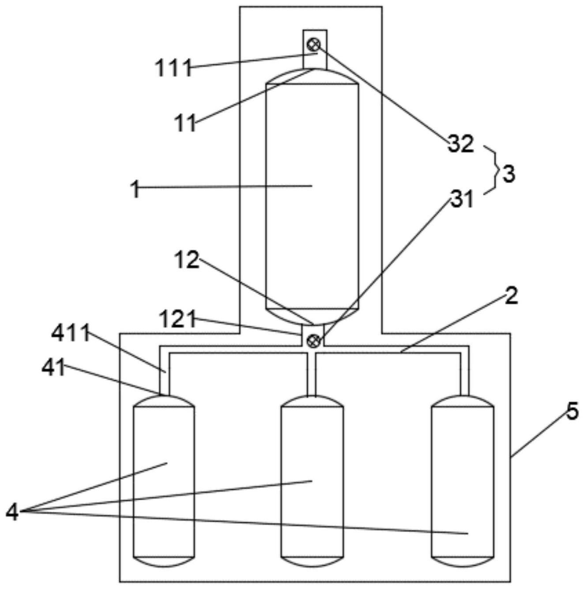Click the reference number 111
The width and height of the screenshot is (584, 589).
click(x=173, y=68)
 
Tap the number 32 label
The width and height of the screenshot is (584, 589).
click(x=461, y=144)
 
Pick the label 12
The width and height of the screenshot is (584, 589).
click(x=187, y=260)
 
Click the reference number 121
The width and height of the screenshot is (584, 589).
click(x=177, y=319)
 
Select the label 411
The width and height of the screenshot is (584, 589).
click(x=71, y=333)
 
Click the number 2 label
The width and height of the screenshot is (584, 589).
click(x=511, y=296)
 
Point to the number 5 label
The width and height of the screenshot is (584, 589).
click(x=572, y=411)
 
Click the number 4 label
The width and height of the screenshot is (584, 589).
click(x=12, y=512)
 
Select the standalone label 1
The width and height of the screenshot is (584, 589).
click(x=135, y=188)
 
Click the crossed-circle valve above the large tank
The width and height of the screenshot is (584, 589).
click(x=314, y=45)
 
